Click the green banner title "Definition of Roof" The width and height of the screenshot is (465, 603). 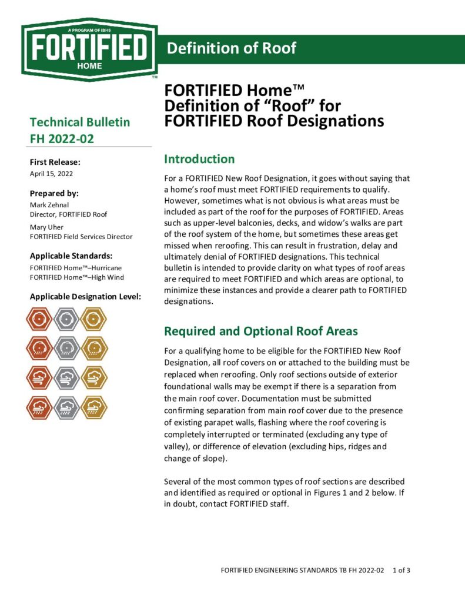pos(232,48)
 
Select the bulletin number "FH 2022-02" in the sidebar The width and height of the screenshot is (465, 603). pos(62,139)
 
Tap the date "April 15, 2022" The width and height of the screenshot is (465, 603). pos(51,174)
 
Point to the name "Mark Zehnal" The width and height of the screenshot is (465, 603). pos(50,204)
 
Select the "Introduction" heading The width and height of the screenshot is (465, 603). pos(199,159)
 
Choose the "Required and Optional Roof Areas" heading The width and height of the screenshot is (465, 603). pos(261,331)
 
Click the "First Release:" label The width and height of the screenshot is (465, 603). pos(55,162)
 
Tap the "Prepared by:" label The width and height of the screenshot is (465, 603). pos(54,193)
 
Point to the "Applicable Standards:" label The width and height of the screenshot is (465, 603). pos(71,256)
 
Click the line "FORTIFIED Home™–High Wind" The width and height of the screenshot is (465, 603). pos(76,277)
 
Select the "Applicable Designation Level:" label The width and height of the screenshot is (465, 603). pos(85,296)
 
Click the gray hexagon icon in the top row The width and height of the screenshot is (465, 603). pos(66,320)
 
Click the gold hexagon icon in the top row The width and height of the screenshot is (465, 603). pos(93,320)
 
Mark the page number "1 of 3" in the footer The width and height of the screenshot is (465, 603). pos(402,570)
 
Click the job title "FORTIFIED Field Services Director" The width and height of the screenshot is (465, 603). pos(81,237)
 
